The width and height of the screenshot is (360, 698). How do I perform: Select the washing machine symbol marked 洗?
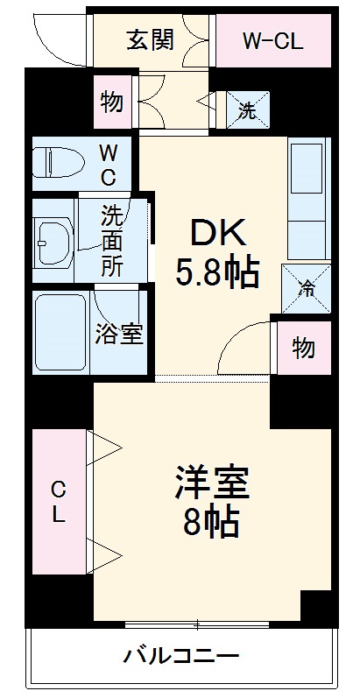(x=248, y=111)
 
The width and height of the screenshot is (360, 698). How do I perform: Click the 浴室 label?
(x=119, y=335)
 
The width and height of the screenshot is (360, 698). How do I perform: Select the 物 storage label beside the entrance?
(x=111, y=102)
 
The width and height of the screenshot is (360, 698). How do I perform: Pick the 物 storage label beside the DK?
(x=303, y=349)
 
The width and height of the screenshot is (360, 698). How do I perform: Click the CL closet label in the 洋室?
(x=58, y=503)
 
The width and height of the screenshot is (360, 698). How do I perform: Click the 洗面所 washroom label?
(x=111, y=240)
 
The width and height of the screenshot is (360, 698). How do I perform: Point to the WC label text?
(x=107, y=163)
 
